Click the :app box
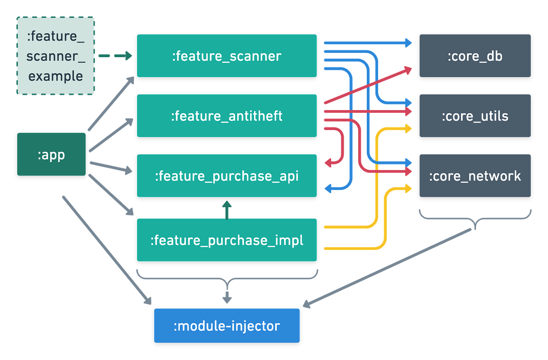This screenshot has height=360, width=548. tap(51, 154)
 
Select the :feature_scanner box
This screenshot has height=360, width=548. tap(227, 56)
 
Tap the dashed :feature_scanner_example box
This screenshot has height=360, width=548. tap(56, 56)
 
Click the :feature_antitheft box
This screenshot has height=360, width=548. tap(227, 116)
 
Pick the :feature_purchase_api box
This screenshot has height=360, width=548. tap(227, 176)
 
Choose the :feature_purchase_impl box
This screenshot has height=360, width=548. tap(227, 240)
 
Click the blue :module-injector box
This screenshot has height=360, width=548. tap(227, 326)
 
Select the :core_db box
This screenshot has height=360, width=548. tap(475, 56)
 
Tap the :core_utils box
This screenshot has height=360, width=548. tap(475, 116)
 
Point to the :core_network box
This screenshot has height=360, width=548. tap(475, 176)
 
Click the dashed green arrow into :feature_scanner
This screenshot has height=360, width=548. tap(115, 56)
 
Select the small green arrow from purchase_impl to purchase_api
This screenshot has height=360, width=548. tap(227, 210)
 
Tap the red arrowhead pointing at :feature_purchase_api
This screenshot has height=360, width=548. tap(328, 162)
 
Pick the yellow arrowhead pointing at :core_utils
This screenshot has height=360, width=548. tap(408, 128)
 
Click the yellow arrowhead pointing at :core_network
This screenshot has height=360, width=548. tap(408, 189)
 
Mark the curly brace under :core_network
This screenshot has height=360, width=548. tap(475, 219)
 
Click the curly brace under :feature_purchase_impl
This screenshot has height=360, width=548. tap(227, 279)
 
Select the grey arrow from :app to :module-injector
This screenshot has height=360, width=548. tap(106, 249)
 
